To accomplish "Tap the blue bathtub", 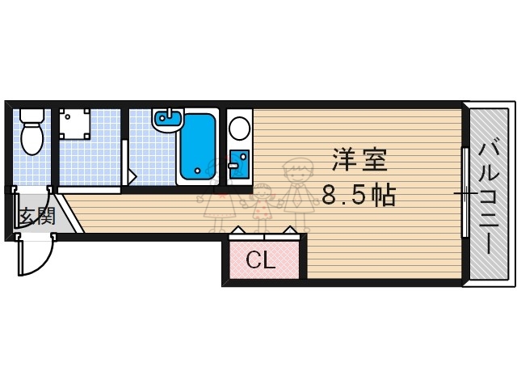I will (x=197, y=146).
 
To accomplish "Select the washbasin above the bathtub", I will (x=168, y=119).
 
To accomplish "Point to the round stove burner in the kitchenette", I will (x=239, y=128).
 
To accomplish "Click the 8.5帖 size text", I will (x=359, y=195).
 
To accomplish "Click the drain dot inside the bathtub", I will (x=196, y=171).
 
